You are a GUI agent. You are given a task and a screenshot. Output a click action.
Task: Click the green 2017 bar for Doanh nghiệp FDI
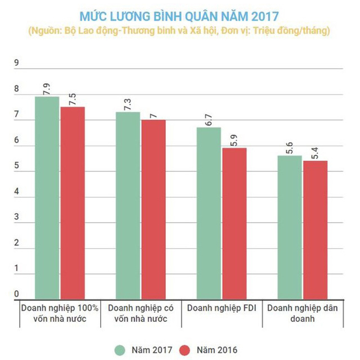pyautogui.click(x=209, y=214)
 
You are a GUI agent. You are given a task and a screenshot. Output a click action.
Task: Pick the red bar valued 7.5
pyautogui.click(x=72, y=203)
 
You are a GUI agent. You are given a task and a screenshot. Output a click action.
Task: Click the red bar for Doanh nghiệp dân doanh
pyautogui.click(x=315, y=230)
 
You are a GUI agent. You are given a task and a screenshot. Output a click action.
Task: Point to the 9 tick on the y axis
pyautogui.click(x=16, y=64)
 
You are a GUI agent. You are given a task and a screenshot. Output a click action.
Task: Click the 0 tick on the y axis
pyautogui.click(x=16, y=294)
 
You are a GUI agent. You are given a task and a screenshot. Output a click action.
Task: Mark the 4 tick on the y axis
pyautogui.click(x=16, y=192)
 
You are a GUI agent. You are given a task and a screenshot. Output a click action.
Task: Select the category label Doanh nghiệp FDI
pyautogui.click(x=220, y=308)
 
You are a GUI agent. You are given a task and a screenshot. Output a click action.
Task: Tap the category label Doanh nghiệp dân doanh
pyautogui.click(x=299, y=313)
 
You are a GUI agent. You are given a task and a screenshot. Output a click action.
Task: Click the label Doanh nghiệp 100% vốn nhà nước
pyautogui.click(x=60, y=313)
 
